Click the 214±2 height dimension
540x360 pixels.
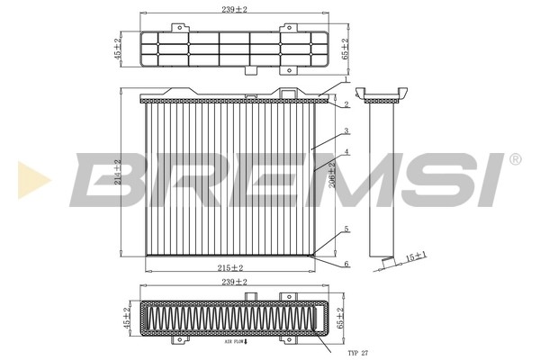tap(119, 173)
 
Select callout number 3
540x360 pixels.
tap(346, 131)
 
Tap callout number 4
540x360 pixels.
tap(346, 152)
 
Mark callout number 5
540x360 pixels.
tap(346, 229)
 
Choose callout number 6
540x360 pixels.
tap(346, 263)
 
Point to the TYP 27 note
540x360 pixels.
tap(360, 351)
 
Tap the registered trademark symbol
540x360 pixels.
tap(514, 159)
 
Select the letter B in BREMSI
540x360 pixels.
tap(107, 179)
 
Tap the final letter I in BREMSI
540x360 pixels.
tap(490, 179)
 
